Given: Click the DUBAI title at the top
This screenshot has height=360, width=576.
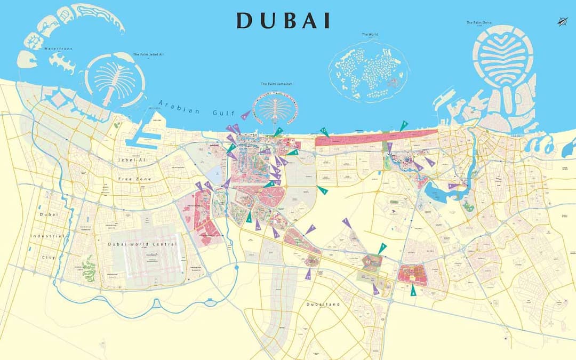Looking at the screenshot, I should [x=283, y=20].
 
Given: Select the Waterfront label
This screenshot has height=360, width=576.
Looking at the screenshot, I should [x=58, y=49].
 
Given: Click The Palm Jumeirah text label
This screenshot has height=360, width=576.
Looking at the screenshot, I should [x=276, y=84].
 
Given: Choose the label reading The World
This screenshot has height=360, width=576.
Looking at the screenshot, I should [x=370, y=35].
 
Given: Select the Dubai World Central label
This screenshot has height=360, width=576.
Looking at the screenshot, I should [x=142, y=244].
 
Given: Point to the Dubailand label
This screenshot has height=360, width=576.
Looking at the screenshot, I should [x=323, y=304].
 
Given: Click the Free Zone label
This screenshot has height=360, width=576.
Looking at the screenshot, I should [x=135, y=179].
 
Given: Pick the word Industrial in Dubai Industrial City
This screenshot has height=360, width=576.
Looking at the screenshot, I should [x=47, y=236].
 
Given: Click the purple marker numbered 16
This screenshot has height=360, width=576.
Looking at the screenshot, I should [x=245, y=115].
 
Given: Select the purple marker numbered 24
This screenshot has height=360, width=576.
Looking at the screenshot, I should [x=258, y=226].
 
